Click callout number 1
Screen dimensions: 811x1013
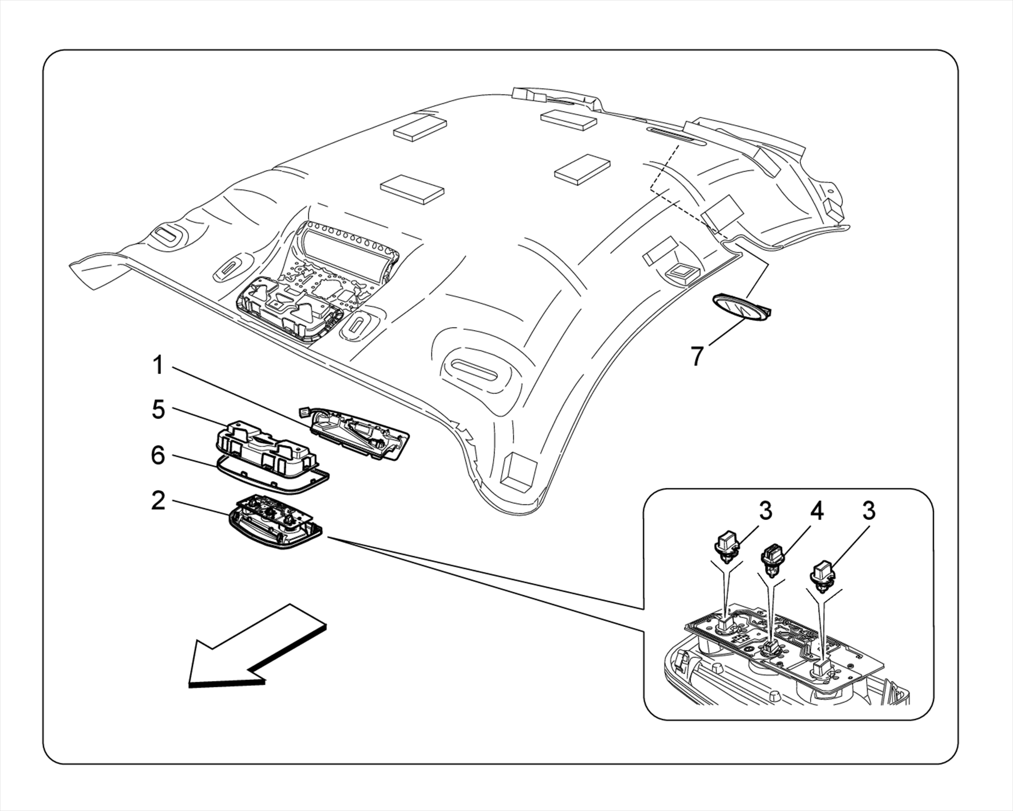click(158, 367)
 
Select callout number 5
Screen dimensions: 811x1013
click(158, 410)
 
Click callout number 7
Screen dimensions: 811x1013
click(697, 356)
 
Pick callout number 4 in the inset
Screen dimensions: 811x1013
click(817, 511)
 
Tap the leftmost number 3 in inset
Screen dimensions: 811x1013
click(766, 511)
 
